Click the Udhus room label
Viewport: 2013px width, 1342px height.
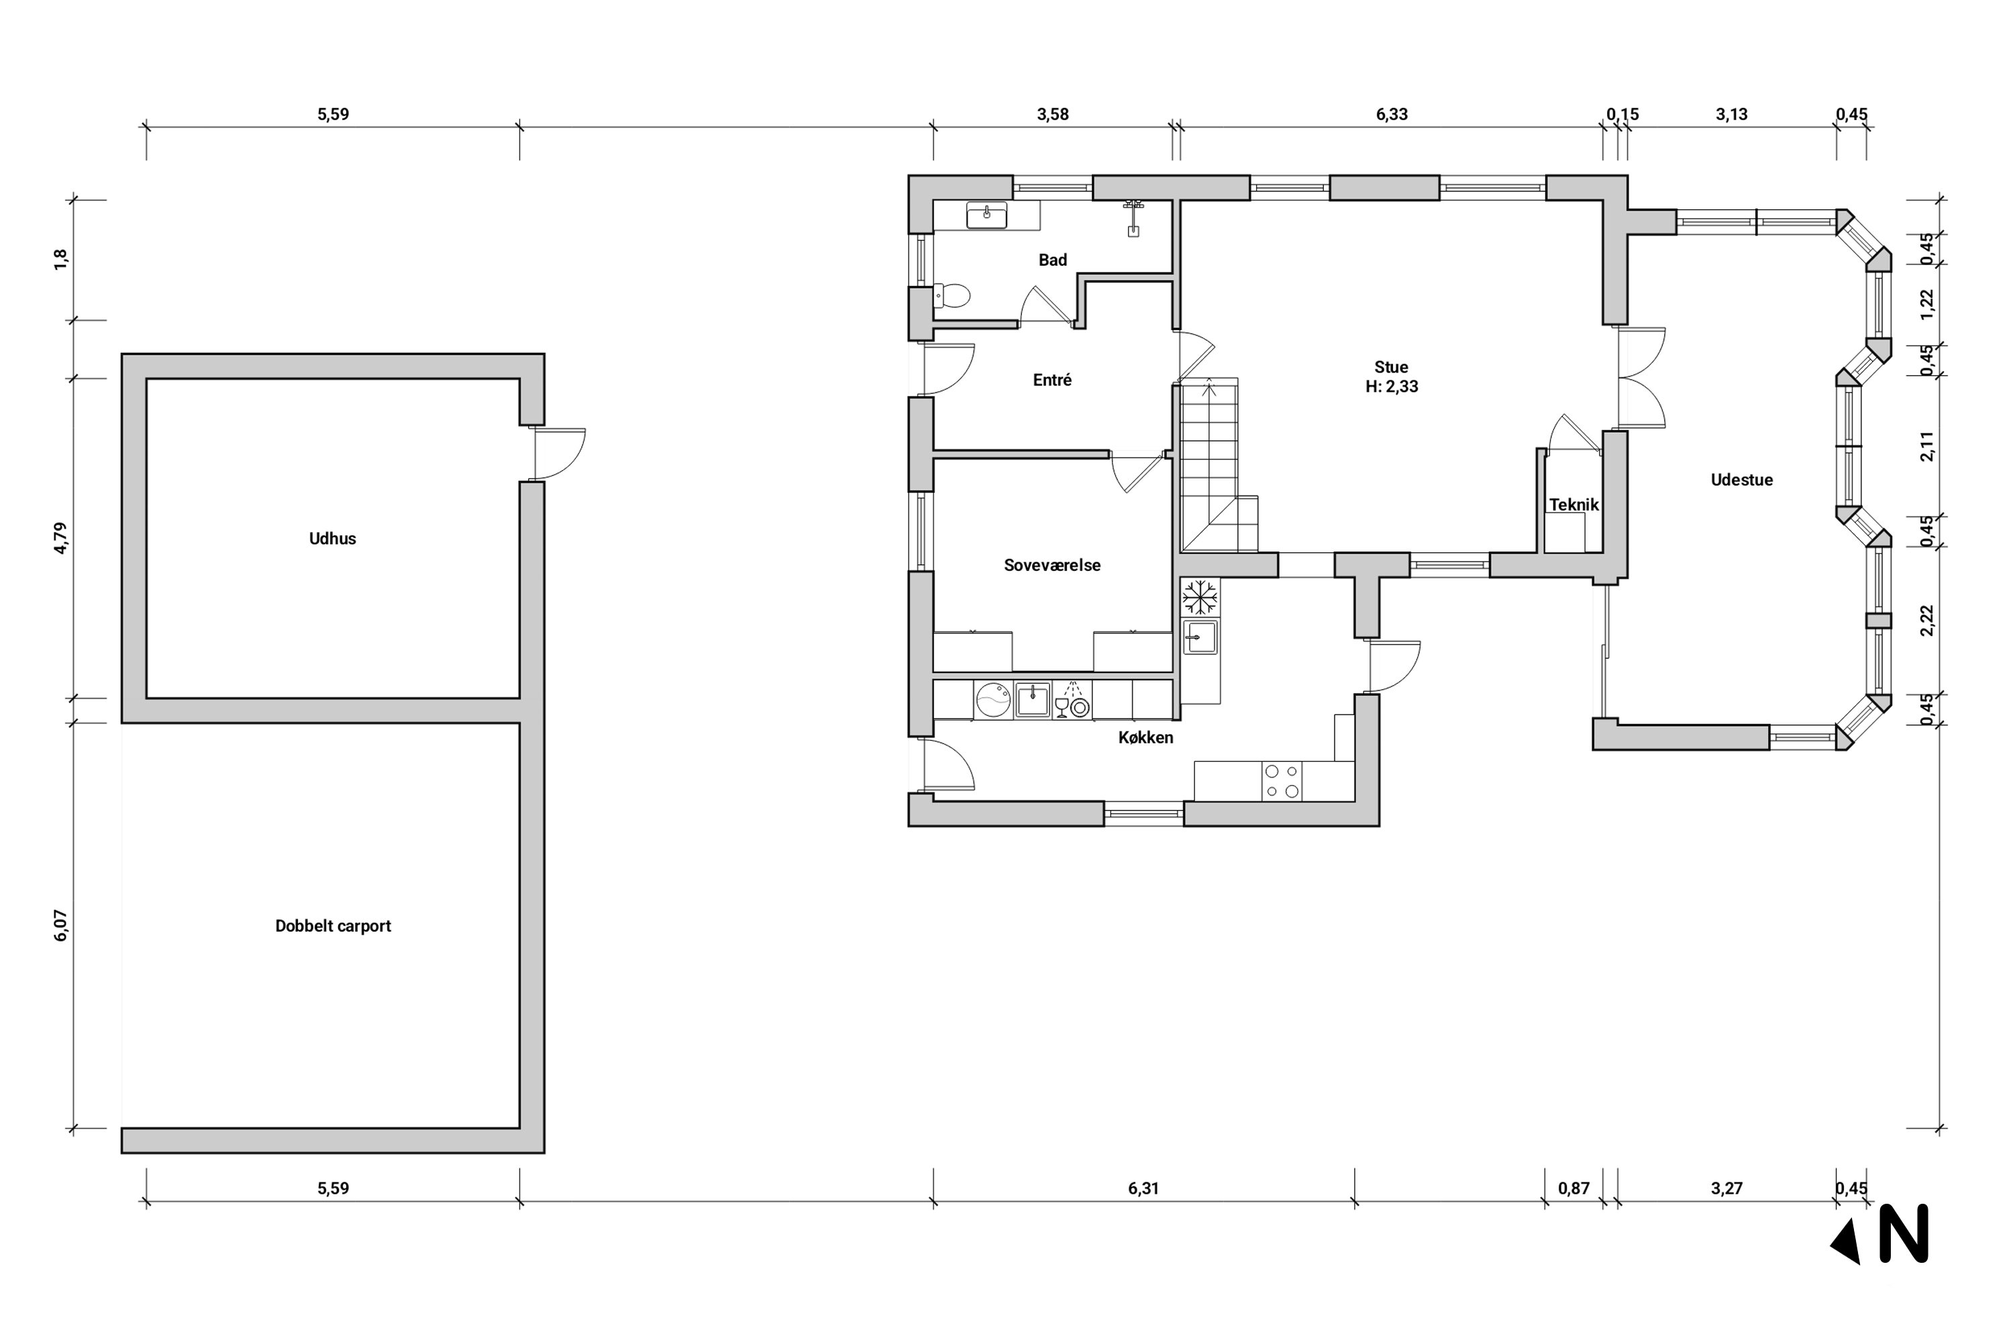click(x=332, y=538)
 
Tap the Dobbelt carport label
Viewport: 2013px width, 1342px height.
click(x=333, y=926)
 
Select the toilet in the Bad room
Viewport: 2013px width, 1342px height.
click(x=951, y=296)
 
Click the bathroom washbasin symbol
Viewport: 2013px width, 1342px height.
click(x=987, y=215)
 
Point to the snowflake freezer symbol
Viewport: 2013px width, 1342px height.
click(x=1200, y=597)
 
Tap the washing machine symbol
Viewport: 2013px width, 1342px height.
click(x=994, y=699)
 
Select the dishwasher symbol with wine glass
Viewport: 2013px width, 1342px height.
click(x=1072, y=699)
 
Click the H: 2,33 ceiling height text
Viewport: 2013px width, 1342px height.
click(x=1392, y=387)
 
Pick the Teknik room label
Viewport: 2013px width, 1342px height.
click(x=1574, y=505)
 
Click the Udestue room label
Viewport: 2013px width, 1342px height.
click(x=1742, y=480)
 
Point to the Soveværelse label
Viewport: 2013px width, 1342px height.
click(x=1052, y=565)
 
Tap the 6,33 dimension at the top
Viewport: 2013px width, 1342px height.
click(x=1392, y=115)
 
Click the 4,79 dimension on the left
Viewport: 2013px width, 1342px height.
click(x=60, y=538)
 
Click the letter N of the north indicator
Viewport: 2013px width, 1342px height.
click(x=1904, y=1233)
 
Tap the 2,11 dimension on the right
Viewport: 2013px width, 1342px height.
click(x=1926, y=446)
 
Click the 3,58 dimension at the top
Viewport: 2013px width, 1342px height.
click(x=1053, y=115)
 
